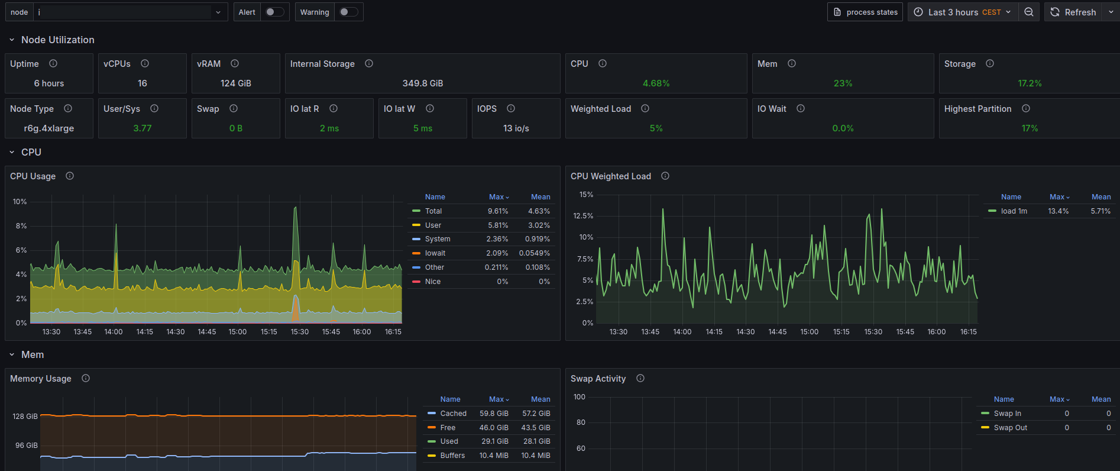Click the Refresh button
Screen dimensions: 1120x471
point(1073,12)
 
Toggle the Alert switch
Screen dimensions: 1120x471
point(274,12)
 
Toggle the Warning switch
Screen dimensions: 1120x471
point(348,12)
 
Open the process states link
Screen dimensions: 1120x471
point(865,12)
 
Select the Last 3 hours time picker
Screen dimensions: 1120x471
point(963,12)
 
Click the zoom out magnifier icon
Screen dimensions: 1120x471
point(1029,12)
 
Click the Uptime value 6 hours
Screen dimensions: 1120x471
point(49,83)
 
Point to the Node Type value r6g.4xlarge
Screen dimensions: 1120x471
point(49,128)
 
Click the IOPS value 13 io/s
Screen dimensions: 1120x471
point(516,128)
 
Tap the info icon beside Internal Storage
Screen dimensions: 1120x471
point(369,63)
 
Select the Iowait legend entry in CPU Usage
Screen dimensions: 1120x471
point(435,253)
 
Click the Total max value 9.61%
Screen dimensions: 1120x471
point(498,211)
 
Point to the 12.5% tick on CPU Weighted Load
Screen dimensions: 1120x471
point(583,216)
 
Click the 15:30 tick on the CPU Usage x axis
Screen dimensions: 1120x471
point(300,332)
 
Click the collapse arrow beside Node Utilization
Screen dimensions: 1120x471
point(12,40)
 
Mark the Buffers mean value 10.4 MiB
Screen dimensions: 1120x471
point(536,456)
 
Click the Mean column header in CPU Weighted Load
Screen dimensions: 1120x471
point(1101,197)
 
